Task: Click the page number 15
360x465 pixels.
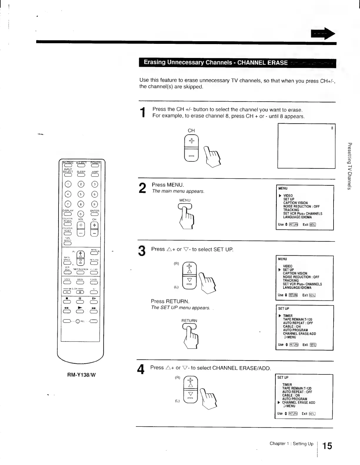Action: [x=327, y=446]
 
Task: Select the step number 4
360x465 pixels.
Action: [x=141, y=369]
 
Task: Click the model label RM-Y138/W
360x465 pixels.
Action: [x=81, y=375]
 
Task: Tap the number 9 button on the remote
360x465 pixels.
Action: [x=95, y=204]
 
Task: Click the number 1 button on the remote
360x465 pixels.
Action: [x=68, y=184]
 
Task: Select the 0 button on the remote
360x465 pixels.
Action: [x=81, y=214]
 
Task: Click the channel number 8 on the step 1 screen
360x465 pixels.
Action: [x=332, y=128]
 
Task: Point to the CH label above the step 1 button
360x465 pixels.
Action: [x=191, y=131]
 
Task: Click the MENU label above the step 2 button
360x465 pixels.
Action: [x=185, y=200]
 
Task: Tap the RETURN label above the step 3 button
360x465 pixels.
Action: [x=189, y=321]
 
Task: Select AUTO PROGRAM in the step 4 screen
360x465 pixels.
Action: [x=294, y=399]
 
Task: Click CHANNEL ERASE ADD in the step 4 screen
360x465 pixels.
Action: [x=298, y=403]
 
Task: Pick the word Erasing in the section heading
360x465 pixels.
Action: [x=154, y=62]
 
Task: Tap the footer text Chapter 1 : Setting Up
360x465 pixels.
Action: [x=291, y=444]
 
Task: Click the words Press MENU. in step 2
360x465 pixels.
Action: [x=168, y=185]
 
